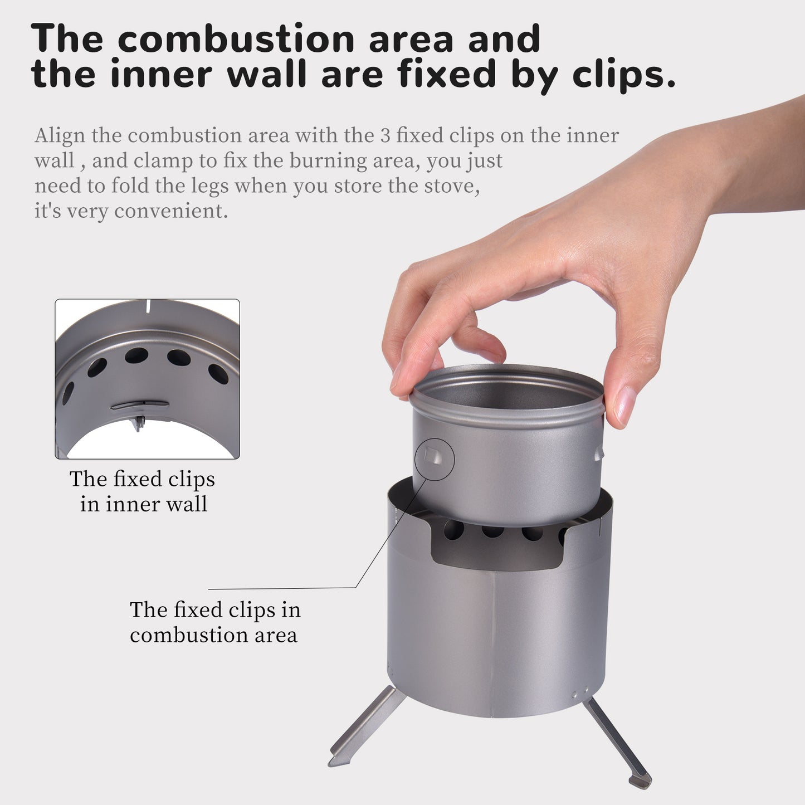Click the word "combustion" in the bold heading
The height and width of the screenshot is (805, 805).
(236, 40)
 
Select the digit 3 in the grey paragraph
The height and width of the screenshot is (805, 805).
(384, 136)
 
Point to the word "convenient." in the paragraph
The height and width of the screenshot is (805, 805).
(171, 211)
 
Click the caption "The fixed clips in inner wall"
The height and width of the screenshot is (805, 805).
(143, 492)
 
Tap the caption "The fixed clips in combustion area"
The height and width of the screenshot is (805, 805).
(214, 622)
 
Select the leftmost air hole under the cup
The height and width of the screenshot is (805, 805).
(454, 530)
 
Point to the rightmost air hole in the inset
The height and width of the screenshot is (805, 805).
(218, 373)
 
